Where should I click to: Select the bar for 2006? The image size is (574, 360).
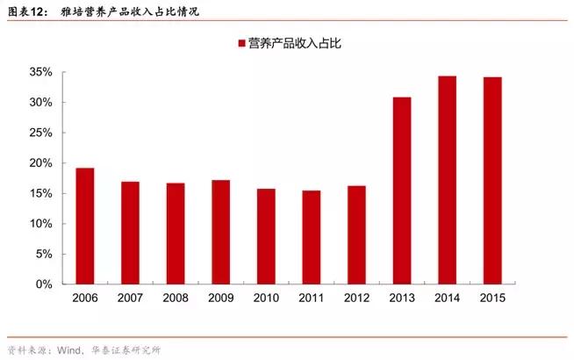pos(85,226)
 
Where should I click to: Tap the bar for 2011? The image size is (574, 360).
pos(312,237)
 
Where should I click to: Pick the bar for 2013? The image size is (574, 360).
pos(402,191)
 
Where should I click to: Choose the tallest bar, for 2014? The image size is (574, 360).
pos(448,180)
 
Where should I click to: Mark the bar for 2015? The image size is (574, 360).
pos(493,181)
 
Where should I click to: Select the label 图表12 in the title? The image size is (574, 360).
pos(24,11)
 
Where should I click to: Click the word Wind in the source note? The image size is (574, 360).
pos(72,350)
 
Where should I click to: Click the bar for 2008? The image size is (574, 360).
pos(176,234)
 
